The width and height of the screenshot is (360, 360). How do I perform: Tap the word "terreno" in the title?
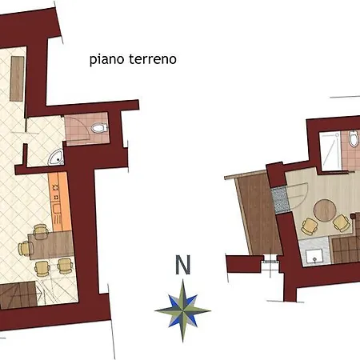(x=153, y=59)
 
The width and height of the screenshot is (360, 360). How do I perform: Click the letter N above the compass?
(x=183, y=265)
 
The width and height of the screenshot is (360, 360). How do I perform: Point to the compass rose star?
(x=182, y=310)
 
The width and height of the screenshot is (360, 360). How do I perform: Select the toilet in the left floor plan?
(x=99, y=128)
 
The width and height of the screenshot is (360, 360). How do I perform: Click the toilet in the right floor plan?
(x=354, y=138)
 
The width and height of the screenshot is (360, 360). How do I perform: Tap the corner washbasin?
(x=56, y=157)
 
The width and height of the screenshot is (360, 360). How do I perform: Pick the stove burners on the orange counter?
(x=56, y=192)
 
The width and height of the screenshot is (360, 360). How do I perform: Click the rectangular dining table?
(x=50, y=245)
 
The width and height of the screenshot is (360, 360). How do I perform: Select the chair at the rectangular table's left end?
(x=25, y=248)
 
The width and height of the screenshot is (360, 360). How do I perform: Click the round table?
(x=325, y=210)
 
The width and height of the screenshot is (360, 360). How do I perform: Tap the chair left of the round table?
(x=310, y=226)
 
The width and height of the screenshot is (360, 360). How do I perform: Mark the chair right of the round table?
(x=342, y=223)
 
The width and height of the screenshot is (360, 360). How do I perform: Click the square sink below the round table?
(x=314, y=256)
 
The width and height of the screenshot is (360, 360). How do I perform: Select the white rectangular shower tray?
(x=330, y=150)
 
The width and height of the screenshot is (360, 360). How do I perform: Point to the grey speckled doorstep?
(x=281, y=199)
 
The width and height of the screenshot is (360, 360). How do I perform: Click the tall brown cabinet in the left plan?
(x=17, y=78)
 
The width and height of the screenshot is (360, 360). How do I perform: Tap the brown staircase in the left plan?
(x=18, y=295)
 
